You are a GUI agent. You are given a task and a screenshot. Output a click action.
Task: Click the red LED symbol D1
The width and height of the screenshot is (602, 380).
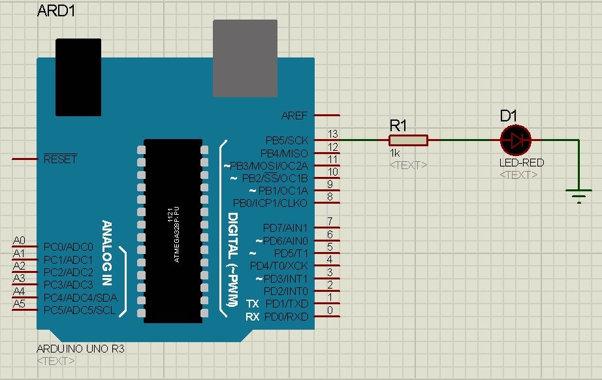516,140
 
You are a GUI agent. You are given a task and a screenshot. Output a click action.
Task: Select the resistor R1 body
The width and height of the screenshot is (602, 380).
408,140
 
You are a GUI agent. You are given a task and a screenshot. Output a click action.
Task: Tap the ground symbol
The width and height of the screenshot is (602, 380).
578,194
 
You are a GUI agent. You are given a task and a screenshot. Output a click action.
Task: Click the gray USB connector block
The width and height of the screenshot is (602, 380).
246,59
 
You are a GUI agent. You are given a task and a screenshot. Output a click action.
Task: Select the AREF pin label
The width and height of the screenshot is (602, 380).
294,116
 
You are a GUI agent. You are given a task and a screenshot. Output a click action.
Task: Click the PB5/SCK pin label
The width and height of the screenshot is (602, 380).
287,140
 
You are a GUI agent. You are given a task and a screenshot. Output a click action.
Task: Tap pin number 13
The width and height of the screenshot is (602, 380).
332,134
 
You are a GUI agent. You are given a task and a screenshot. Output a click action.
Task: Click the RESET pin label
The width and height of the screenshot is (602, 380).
60,159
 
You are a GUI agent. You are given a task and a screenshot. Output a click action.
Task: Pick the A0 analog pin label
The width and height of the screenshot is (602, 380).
19,241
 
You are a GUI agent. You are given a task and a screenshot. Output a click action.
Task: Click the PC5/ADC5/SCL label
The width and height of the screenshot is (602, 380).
79,310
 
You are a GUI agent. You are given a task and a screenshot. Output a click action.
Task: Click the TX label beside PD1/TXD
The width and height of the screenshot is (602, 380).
253,304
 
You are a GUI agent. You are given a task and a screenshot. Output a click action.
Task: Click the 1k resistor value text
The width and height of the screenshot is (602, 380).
394,153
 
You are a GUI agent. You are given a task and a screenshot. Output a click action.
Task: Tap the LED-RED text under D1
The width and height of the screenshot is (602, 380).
522,163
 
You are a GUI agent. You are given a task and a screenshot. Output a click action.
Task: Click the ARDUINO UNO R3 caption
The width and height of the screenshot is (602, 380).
80,349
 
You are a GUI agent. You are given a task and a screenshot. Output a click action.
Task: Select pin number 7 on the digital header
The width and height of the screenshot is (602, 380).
330,221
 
